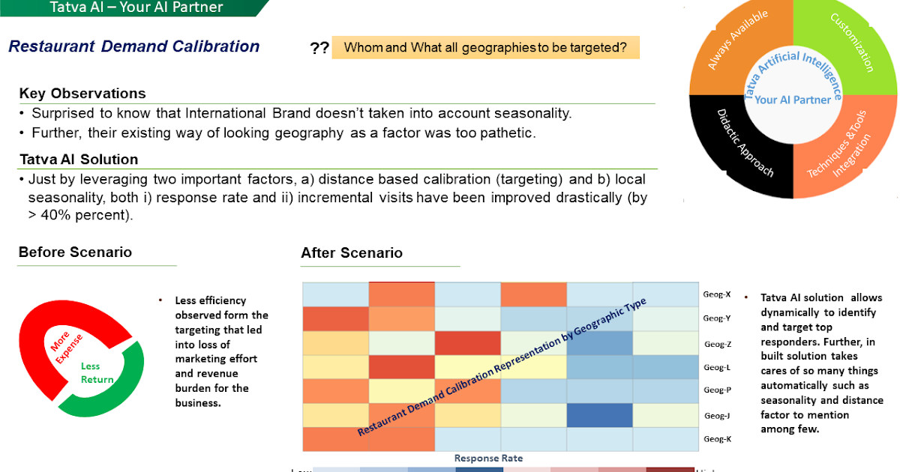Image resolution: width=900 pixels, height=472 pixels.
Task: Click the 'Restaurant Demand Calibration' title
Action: coord(134,46)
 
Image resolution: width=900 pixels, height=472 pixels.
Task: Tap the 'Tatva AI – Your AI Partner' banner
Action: coord(136,8)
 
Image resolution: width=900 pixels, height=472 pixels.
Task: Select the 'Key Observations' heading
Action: coord(82,94)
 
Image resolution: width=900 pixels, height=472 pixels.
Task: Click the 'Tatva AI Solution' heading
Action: coord(79,160)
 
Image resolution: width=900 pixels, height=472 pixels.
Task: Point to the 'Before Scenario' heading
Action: coord(75,252)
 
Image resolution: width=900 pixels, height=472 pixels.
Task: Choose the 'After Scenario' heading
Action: coord(352,253)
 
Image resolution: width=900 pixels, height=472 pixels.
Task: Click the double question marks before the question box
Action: coord(319,49)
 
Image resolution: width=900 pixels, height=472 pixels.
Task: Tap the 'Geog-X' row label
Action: coord(717,295)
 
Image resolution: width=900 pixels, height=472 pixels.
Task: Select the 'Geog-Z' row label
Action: coord(718,344)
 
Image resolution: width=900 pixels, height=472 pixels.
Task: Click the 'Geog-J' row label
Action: coord(718,415)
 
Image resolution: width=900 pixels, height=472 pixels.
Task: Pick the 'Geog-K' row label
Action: coord(717,438)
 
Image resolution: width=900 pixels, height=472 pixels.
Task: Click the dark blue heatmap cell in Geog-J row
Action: coord(600,415)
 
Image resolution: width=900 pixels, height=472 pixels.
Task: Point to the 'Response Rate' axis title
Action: coord(488,458)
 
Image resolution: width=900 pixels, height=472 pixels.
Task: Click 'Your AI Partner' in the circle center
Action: coord(793,100)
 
